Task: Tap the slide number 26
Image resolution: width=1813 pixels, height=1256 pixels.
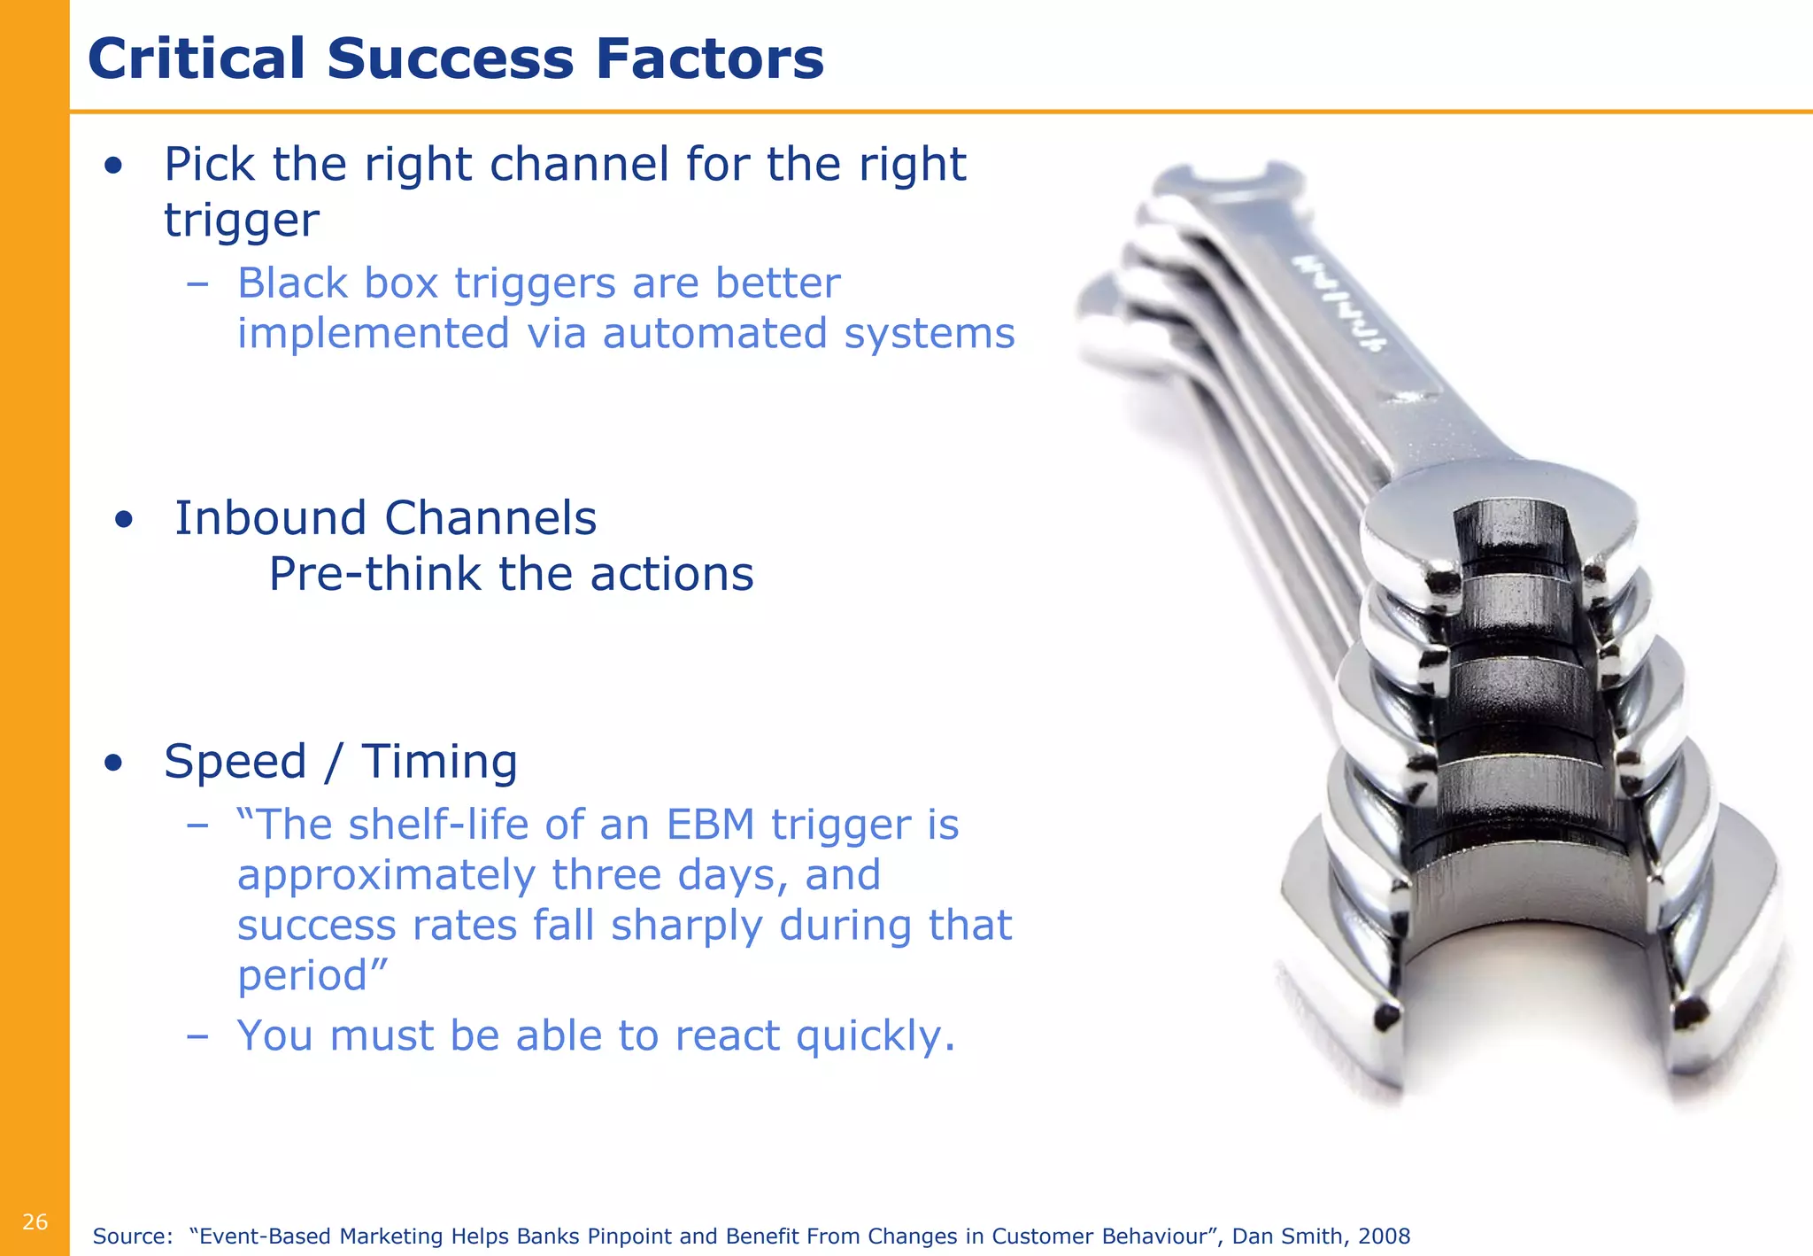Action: pyautogui.click(x=35, y=1222)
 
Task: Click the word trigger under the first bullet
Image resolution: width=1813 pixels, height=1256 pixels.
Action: pyautogui.click(x=242, y=221)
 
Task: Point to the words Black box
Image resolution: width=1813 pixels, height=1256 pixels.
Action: pyautogui.click(x=338, y=284)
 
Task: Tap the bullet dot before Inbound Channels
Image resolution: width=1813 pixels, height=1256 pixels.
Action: pyautogui.click(x=124, y=521)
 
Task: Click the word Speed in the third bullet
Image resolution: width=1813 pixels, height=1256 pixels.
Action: pyautogui.click(x=235, y=762)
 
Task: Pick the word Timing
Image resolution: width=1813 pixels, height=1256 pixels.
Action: pyautogui.click(x=439, y=762)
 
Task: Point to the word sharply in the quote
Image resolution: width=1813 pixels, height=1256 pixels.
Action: pyautogui.click(x=686, y=926)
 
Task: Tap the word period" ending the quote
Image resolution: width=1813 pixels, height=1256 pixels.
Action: pyautogui.click(x=312, y=976)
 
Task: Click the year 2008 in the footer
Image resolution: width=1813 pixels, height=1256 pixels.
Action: pyautogui.click(x=1384, y=1237)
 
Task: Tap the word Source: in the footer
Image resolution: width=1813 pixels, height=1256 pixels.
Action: pyautogui.click(x=133, y=1237)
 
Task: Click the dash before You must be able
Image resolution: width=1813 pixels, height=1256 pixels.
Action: pyautogui.click(x=197, y=1035)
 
